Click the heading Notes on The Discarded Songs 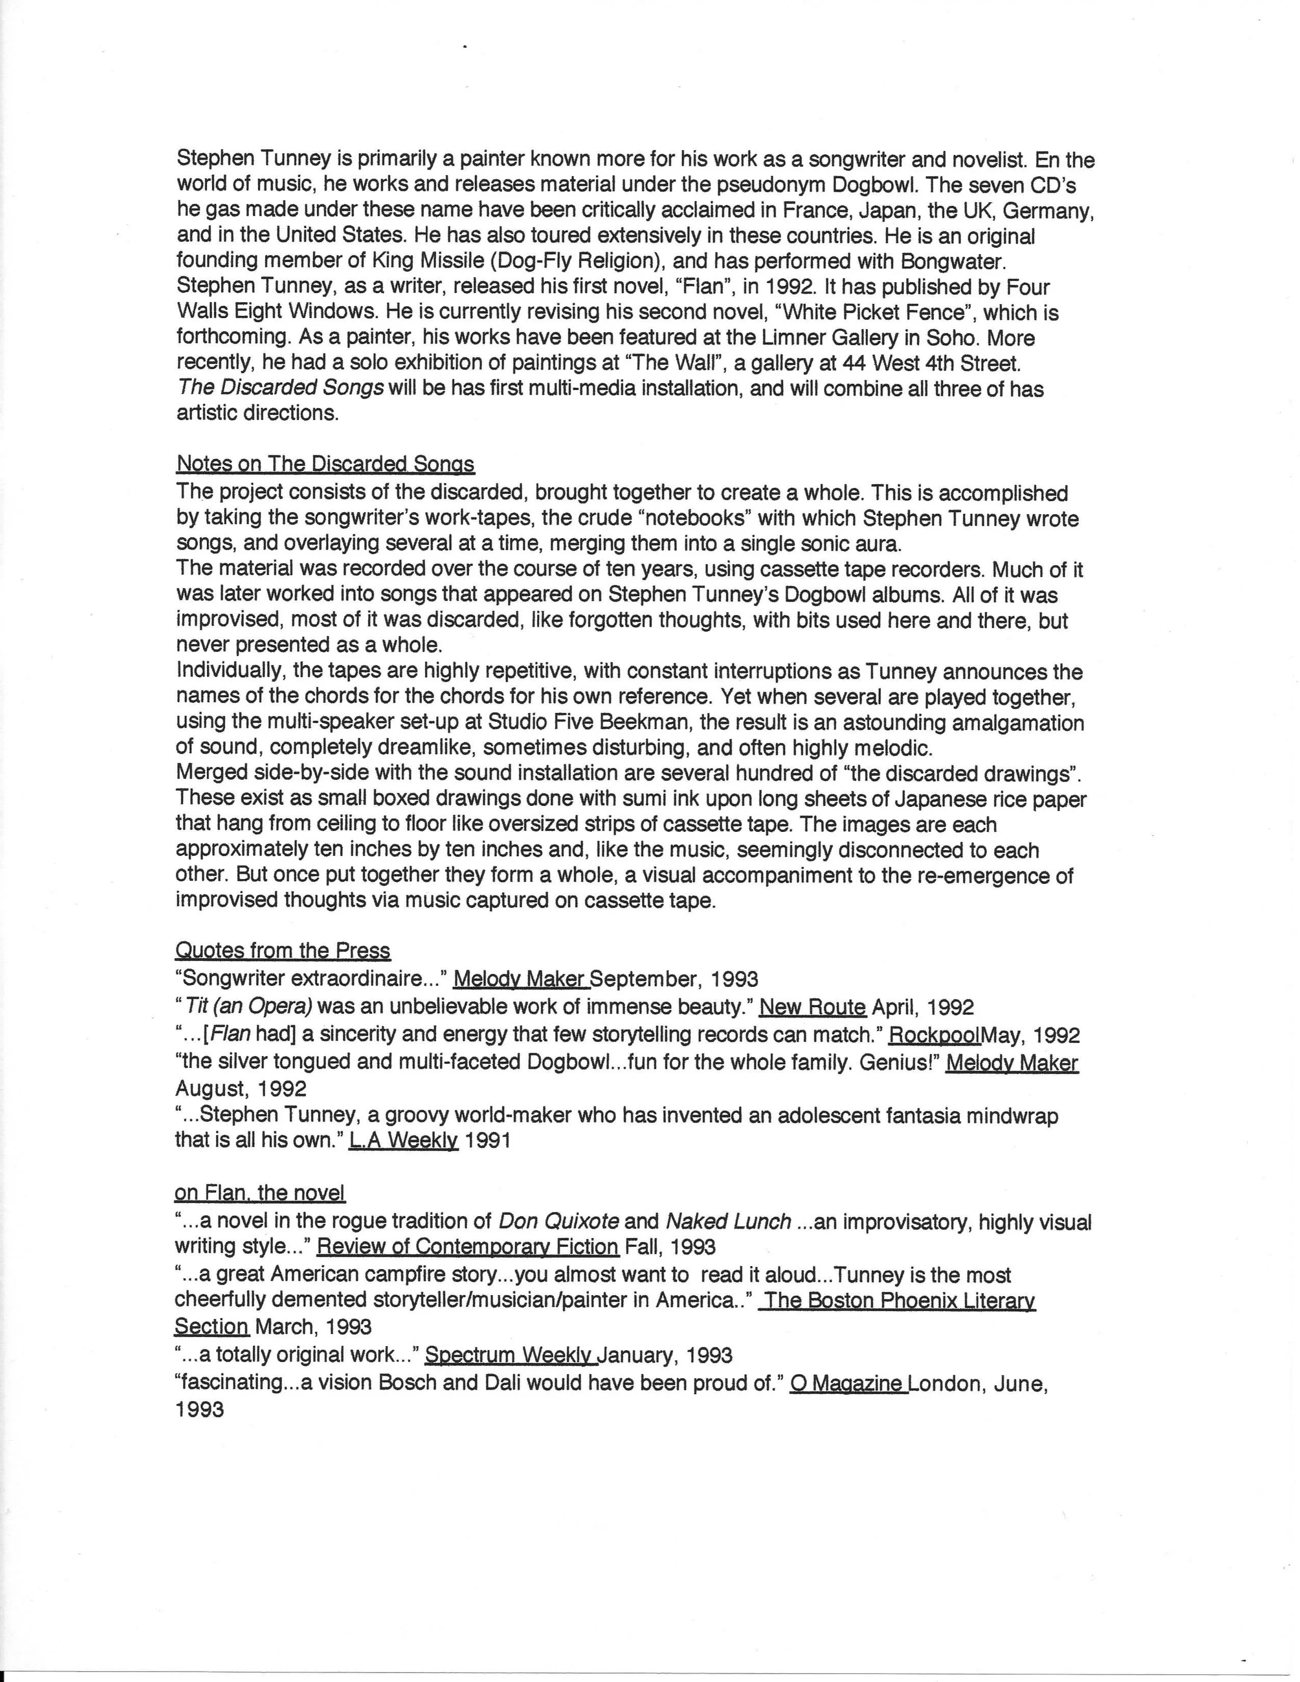point(325,464)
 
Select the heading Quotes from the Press point(283,950)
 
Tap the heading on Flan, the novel point(259,1193)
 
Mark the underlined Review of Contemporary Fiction point(467,1246)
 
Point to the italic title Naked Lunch point(728,1221)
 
